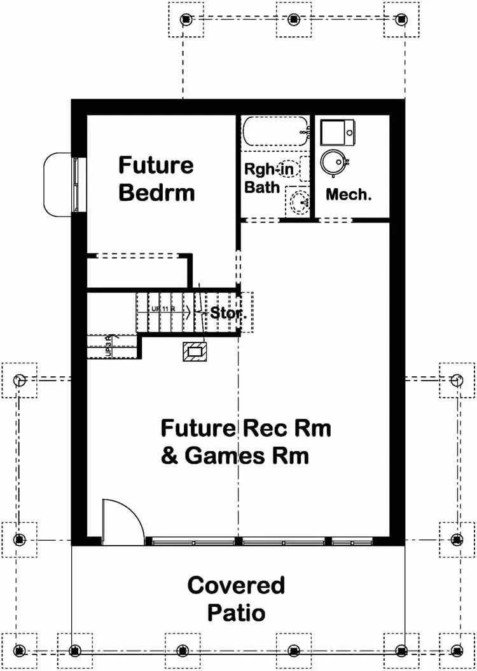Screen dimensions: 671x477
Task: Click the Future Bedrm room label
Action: [x=156, y=179]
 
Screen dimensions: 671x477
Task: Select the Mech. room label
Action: [x=348, y=194]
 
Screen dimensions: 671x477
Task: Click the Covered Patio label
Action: [x=236, y=599]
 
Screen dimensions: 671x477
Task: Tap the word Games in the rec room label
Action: [x=230, y=456]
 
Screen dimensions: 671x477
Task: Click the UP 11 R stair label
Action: [x=163, y=309]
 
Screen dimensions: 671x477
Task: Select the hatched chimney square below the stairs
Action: [x=195, y=351]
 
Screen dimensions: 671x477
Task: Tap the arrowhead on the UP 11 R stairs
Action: [x=190, y=310]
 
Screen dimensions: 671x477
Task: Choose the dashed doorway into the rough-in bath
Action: [x=261, y=220]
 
